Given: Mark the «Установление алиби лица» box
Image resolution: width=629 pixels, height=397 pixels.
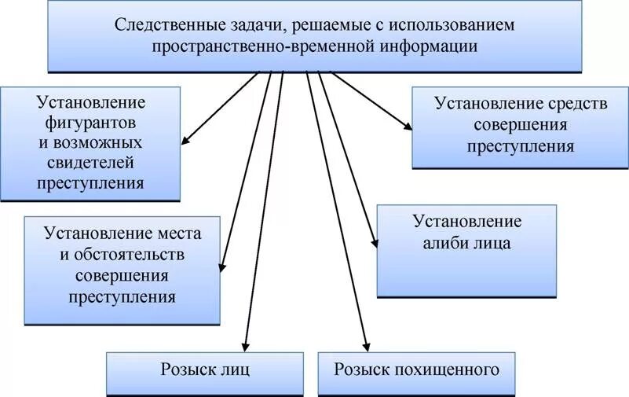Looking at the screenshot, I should [x=466, y=251].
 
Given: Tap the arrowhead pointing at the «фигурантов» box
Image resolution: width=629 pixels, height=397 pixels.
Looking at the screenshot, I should [x=186, y=142].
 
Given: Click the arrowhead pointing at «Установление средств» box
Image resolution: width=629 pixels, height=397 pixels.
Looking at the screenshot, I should [x=406, y=125].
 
